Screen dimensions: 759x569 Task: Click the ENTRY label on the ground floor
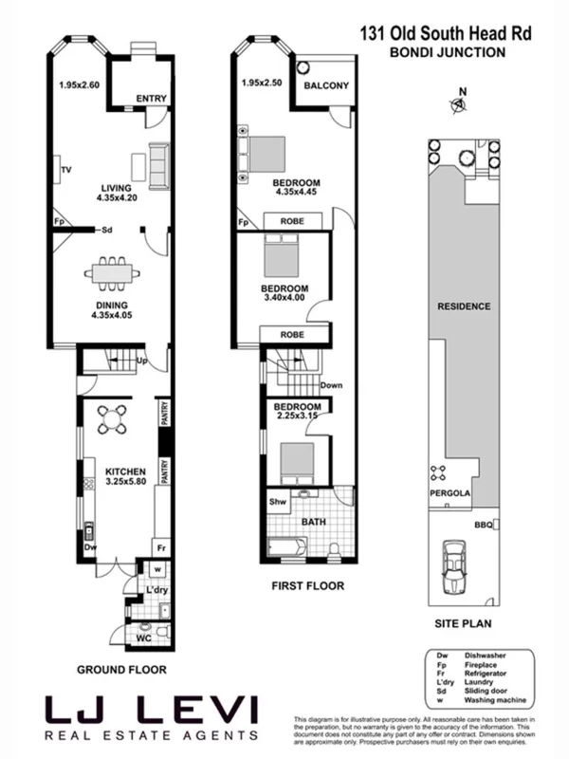pyautogui.click(x=151, y=98)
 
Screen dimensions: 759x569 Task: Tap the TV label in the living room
pyautogui.click(x=66, y=170)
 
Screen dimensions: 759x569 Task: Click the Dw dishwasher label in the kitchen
pyautogui.click(x=90, y=547)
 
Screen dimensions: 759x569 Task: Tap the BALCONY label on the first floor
pyautogui.click(x=326, y=86)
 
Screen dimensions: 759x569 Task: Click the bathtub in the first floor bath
pyautogui.click(x=286, y=547)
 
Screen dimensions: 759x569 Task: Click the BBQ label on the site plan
pyautogui.click(x=483, y=523)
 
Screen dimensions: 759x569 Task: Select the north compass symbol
pyautogui.click(x=460, y=104)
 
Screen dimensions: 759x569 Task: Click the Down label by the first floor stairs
pyautogui.click(x=331, y=385)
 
